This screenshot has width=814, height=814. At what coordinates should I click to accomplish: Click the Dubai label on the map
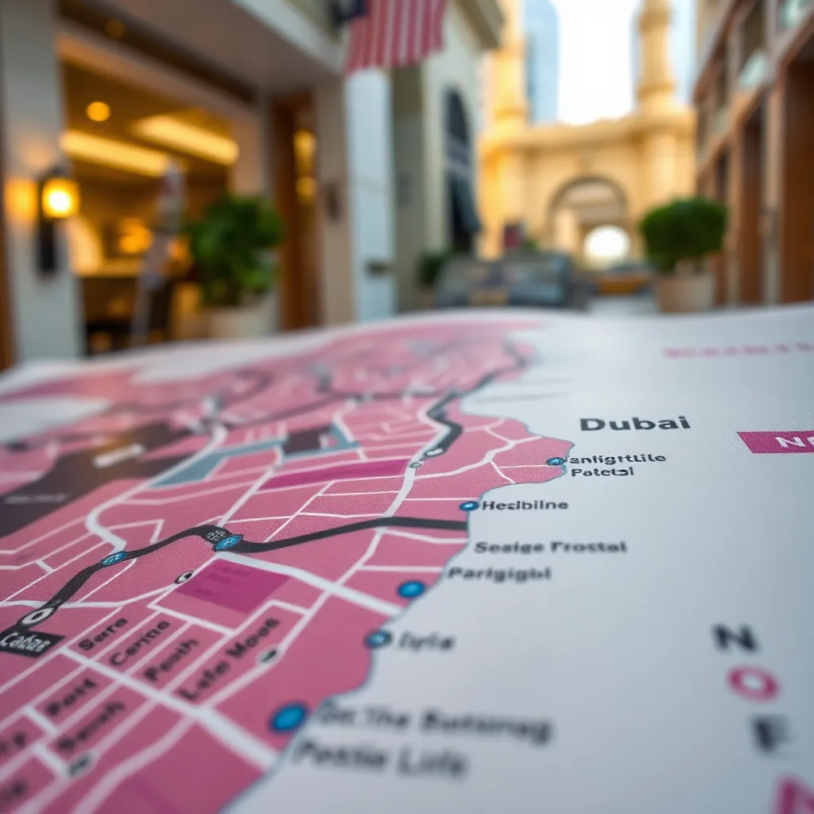point(634,424)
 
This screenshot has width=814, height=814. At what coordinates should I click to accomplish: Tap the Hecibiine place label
point(525,505)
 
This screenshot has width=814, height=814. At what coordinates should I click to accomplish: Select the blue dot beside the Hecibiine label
point(469,506)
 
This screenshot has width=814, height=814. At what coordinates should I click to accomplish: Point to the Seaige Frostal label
point(550,547)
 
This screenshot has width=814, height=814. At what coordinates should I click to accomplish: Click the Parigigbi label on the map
point(498,573)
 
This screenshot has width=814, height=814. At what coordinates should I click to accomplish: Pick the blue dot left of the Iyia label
point(378,638)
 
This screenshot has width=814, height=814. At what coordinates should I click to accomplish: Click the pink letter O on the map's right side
point(753,684)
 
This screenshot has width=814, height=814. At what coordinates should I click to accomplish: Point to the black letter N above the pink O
point(735,637)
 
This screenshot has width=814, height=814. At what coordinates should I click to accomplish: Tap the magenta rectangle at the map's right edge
point(775,442)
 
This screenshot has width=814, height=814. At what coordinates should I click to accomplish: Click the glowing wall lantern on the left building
point(60,198)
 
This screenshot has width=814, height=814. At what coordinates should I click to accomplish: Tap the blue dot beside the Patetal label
point(555,461)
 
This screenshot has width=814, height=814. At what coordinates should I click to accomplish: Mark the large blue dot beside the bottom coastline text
point(289,717)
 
